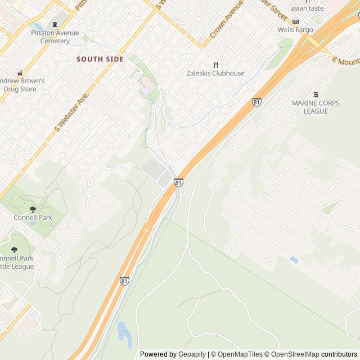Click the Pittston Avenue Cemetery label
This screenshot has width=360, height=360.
pos(55,37)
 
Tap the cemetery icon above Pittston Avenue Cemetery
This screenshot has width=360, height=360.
pos(55,24)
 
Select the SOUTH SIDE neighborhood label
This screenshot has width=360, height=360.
pos(100,59)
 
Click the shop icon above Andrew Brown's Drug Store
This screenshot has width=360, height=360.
pos(20,73)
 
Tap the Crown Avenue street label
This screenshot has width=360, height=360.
pos(226,20)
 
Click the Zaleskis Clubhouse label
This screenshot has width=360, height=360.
pos(215,73)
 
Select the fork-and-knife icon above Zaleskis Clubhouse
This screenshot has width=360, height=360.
pos(215,65)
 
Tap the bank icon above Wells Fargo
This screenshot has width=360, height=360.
pos(295,21)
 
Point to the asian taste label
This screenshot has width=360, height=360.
pos(307,8)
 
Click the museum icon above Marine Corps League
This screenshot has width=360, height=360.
pos(315,94)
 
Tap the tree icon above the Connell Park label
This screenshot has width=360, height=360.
pos(33,209)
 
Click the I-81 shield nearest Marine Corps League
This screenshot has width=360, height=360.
pos(256,102)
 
